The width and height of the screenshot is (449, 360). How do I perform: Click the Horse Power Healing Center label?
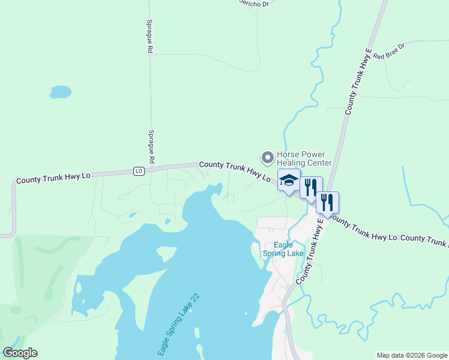pos(304,158)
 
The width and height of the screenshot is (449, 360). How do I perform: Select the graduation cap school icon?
pos(289,181)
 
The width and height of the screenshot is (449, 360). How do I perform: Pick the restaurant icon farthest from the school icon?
pos(327,202)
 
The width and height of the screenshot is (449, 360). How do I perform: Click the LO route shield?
pos(139,171)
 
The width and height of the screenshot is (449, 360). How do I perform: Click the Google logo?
pos(20,353)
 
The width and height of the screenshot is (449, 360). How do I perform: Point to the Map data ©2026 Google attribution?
pos(412,355)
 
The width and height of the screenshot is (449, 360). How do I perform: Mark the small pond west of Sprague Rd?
pos(61,92)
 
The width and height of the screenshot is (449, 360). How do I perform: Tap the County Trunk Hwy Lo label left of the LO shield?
pos(53,178)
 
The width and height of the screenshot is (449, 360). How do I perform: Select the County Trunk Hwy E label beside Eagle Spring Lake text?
pos(310,251)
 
